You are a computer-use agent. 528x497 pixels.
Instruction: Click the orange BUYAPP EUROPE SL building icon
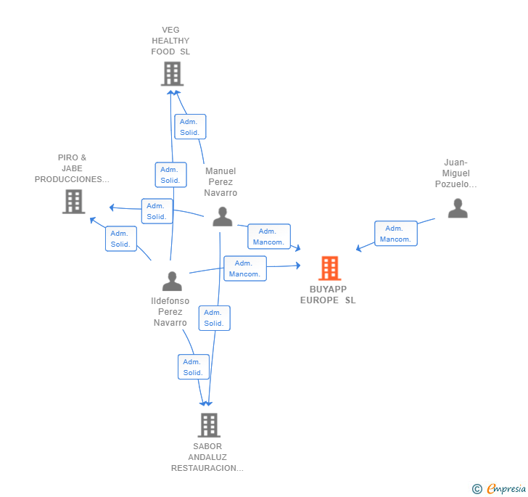pyautogui.click(x=329, y=268)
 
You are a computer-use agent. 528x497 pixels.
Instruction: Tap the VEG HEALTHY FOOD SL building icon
pyautogui.click(x=172, y=73)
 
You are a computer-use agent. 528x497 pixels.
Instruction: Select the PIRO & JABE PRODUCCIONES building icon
pyautogui.click(x=73, y=201)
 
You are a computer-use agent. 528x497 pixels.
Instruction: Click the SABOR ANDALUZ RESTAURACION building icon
pyautogui.click(x=208, y=425)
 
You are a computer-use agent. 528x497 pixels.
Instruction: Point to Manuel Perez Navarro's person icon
pyautogui.click(x=222, y=216)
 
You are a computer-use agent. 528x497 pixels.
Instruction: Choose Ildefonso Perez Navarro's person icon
pyautogui.click(x=172, y=280)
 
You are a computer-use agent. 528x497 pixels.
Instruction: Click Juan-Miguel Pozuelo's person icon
pyautogui.click(x=457, y=208)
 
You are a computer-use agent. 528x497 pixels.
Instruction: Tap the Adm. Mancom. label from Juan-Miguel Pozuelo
pyautogui.click(x=395, y=234)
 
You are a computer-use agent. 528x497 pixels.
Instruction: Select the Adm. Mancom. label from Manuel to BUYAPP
pyautogui.click(x=268, y=237)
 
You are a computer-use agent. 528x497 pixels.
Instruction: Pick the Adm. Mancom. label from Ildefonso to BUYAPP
pyautogui.click(x=244, y=268)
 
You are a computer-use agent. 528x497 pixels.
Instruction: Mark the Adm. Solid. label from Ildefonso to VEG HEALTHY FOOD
pyautogui.click(x=170, y=175)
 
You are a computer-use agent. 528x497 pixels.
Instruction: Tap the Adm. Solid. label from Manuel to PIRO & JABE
pyautogui.click(x=157, y=211)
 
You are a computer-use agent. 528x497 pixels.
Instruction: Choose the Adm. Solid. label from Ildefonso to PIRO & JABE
pyautogui.click(x=121, y=239)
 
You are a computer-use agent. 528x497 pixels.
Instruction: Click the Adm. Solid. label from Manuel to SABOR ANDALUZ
pyautogui.click(x=214, y=318)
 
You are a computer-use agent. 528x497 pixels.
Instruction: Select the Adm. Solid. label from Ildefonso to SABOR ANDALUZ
pyautogui.click(x=193, y=367)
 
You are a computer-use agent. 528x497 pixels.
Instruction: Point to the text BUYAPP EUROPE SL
pyautogui.click(x=328, y=295)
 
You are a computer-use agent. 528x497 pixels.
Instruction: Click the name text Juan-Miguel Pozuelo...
pyautogui.click(x=456, y=173)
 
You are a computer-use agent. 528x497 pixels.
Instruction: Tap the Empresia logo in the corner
pyautogui.click(x=506, y=489)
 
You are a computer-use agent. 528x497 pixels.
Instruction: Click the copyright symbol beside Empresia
pyautogui.click(x=477, y=490)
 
